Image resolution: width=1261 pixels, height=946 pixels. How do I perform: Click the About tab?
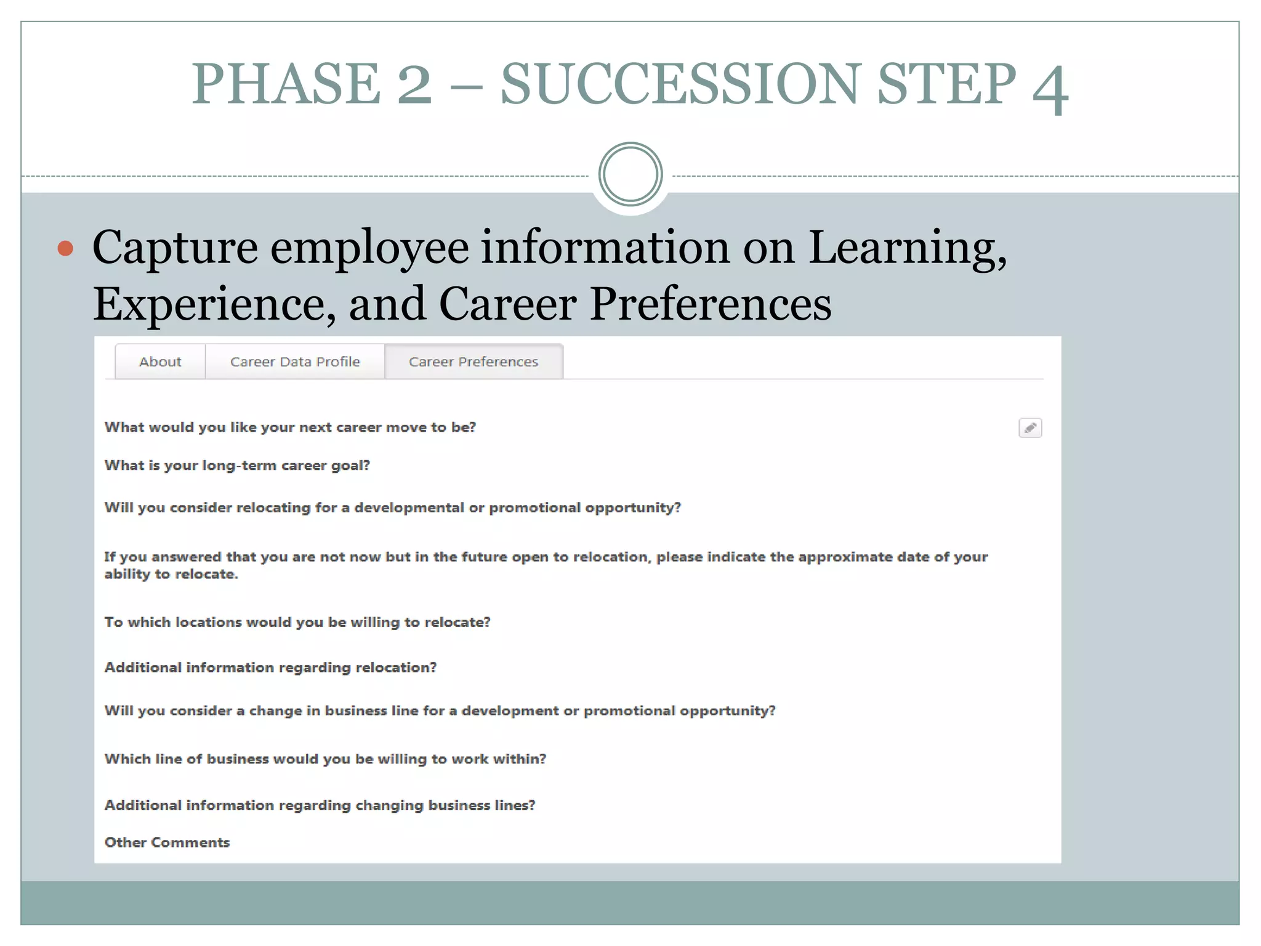pos(160,362)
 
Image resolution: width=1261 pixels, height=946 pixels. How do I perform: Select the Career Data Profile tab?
pos(295,362)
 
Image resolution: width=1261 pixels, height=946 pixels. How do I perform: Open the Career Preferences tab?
pos(473,362)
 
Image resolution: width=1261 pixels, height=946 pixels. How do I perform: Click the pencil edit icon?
pos(1030,427)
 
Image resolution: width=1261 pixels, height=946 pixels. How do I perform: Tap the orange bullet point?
pos(65,248)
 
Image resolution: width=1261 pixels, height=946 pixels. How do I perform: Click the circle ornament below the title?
pos(630,174)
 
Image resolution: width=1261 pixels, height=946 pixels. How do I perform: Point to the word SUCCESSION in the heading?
pos(680,84)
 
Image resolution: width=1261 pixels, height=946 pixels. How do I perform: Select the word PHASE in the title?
pos(286,84)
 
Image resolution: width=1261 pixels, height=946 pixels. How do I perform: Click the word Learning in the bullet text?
pos(907,248)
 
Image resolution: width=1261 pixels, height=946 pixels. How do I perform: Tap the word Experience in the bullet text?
pos(209,304)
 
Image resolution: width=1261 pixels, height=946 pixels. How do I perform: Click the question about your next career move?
pos(290,427)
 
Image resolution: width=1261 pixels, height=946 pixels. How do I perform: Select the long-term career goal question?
pos(237,466)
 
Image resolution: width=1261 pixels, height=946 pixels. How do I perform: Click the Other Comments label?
pos(167,843)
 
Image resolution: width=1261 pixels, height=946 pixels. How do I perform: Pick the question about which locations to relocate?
pos(297,622)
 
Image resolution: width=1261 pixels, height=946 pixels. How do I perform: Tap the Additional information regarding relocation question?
pos(270,668)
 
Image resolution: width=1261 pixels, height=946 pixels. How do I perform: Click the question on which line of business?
pos(325,759)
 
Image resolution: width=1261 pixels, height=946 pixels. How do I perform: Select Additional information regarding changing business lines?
pos(320,806)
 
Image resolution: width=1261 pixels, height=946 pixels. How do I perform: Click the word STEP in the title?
pos(946,84)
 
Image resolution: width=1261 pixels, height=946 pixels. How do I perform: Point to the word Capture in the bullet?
pos(175,248)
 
